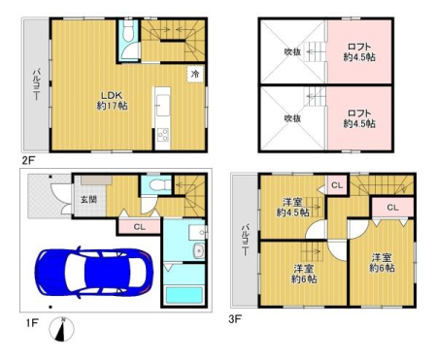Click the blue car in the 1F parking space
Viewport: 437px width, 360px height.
click(x=94, y=273)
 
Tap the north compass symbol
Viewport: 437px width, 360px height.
click(x=62, y=329)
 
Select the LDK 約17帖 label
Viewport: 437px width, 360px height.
click(x=112, y=101)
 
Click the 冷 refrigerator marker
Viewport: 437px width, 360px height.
click(x=195, y=74)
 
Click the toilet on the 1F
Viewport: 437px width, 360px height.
click(x=159, y=185)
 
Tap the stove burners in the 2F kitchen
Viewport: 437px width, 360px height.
click(x=162, y=135)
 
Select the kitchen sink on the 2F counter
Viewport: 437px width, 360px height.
click(x=162, y=105)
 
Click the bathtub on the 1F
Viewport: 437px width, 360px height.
click(x=184, y=295)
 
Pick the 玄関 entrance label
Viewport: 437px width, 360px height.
click(x=88, y=199)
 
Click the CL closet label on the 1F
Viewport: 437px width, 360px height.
click(x=140, y=227)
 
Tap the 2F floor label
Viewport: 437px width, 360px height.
click(x=28, y=160)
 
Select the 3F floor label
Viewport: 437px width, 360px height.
click(x=235, y=319)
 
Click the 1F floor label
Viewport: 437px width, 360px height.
click(x=32, y=323)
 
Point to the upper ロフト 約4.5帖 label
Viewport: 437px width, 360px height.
click(x=359, y=52)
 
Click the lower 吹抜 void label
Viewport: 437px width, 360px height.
click(x=292, y=118)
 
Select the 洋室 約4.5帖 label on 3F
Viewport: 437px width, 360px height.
click(x=292, y=208)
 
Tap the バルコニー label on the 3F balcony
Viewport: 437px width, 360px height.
click(x=245, y=240)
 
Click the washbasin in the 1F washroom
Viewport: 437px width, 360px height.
click(x=197, y=250)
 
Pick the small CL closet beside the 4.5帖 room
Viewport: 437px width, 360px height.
click(x=337, y=185)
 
